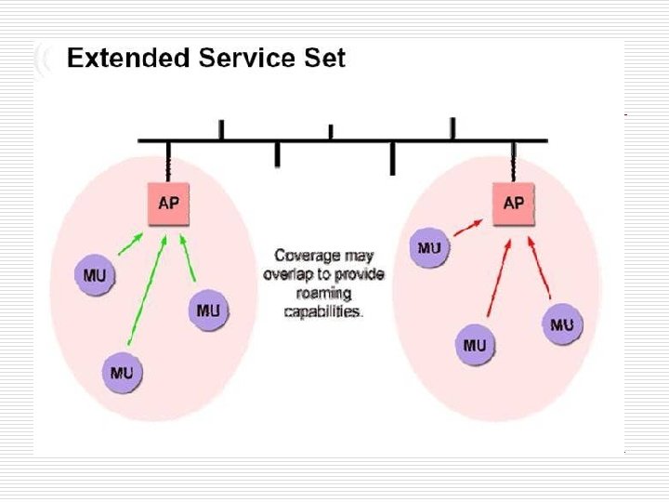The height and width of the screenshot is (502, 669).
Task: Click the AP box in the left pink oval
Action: point(169,204)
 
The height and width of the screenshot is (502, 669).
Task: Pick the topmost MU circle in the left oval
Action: point(94,275)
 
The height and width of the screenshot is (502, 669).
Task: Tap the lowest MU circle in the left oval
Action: point(122,374)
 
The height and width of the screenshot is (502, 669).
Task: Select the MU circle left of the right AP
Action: point(429,248)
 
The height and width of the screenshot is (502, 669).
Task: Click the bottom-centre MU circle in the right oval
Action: point(475,346)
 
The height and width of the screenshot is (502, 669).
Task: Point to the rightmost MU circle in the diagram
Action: point(561,324)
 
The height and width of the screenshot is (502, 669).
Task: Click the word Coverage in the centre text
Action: point(307,256)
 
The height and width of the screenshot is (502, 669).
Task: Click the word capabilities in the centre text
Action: point(321,313)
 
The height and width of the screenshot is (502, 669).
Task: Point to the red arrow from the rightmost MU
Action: point(541,271)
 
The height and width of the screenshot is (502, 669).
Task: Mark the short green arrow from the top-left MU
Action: point(130,244)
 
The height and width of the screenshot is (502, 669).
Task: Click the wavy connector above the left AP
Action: point(168,164)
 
